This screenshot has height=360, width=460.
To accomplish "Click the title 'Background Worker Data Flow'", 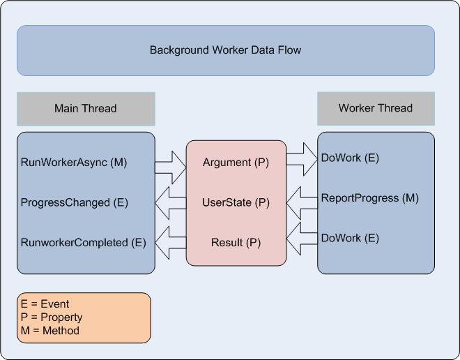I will pyautogui.click(x=225, y=50).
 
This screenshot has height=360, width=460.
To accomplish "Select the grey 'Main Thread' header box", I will pyautogui.click(x=86, y=108).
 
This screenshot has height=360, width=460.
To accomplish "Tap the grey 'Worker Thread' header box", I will pyautogui.click(x=376, y=108).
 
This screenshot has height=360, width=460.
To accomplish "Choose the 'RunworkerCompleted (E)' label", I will pyautogui.click(x=84, y=243).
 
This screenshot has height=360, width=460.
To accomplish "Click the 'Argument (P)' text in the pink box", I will pyautogui.click(x=236, y=163).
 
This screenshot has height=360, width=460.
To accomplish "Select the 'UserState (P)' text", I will pyautogui.click(x=236, y=202).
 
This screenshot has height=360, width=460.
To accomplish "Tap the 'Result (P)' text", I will pyautogui.click(x=236, y=243).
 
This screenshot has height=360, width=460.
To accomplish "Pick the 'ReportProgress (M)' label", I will pyautogui.click(x=369, y=198).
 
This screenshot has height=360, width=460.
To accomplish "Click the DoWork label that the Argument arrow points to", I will pyautogui.click(x=350, y=158).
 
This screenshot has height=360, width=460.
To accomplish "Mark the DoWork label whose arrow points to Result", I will pyautogui.click(x=350, y=238).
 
